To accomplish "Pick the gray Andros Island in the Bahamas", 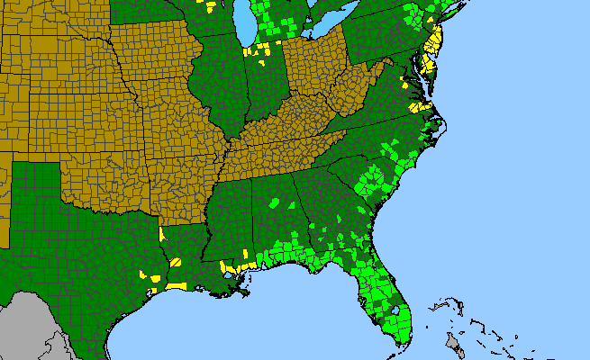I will (x=456, y=341).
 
